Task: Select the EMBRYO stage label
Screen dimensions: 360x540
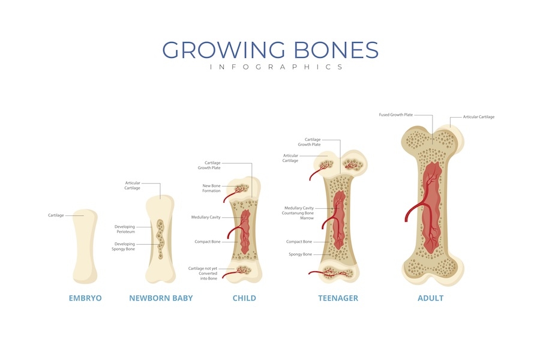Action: pos(85,298)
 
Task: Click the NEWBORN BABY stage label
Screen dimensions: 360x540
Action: pos(161,298)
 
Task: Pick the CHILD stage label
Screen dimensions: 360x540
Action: pos(244,298)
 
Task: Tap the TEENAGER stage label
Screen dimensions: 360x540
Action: pos(338,298)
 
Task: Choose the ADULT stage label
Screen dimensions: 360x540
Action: pos(430,298)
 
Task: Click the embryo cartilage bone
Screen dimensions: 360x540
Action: pos(84,246)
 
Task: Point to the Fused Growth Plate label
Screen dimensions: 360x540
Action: pos(395,115)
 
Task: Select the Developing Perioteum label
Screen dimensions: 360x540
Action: pos(125,229)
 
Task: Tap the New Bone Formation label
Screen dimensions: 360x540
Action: pos(211,188)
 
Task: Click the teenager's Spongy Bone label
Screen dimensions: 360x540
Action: pos(299,254)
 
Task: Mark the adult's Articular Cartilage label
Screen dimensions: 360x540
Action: pos(479,117)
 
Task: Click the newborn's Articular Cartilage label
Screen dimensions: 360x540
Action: pos(133,185)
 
